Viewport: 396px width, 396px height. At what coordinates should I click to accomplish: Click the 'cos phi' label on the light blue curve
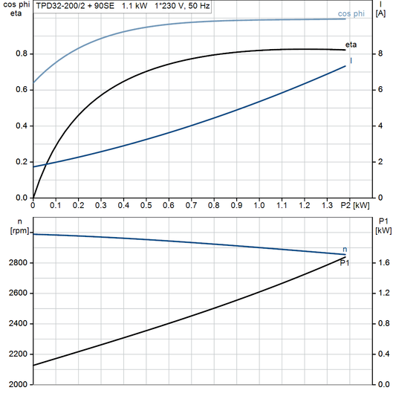351,13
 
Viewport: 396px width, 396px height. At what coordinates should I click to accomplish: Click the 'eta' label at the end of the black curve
351,46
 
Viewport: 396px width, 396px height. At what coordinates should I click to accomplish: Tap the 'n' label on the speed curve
344,248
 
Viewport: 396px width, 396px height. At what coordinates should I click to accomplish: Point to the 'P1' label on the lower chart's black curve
345,262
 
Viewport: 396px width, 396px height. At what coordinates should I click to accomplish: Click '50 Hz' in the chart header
198,5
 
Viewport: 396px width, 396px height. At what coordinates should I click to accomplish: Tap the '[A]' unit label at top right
380,14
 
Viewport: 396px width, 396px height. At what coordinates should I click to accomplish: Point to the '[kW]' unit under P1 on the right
384,230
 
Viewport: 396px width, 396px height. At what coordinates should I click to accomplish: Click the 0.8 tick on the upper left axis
22,54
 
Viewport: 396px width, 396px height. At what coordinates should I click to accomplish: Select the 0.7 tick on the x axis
192,204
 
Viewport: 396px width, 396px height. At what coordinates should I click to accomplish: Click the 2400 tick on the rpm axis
18,324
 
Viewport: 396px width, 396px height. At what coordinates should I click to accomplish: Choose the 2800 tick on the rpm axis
18,263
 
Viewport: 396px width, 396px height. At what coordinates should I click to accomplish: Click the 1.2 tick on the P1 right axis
383,293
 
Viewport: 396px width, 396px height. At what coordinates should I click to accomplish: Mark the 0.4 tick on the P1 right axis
383,354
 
